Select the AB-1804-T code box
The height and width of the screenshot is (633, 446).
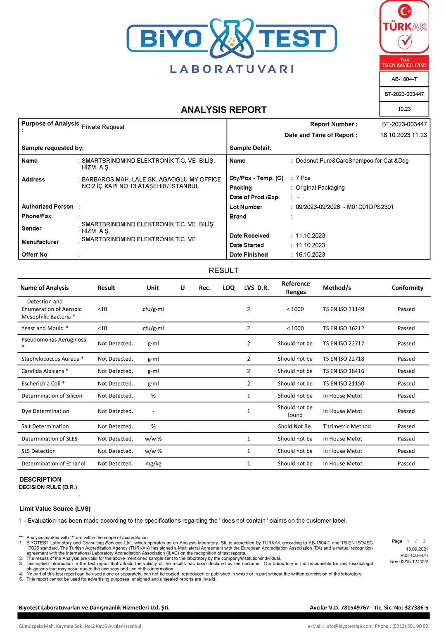(404, 79)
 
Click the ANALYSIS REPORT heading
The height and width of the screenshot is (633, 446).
(224, 110)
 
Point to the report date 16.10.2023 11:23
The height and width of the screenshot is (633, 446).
(403, 135)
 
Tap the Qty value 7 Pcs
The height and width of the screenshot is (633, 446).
(303, 178)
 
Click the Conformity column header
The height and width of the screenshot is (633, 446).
(407, 288)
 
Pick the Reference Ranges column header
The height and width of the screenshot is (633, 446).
(296, 288)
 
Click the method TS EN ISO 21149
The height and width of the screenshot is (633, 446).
(344, 309)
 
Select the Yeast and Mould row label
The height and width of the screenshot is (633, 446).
(45, 328)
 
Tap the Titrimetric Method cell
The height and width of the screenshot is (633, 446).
(347, 426)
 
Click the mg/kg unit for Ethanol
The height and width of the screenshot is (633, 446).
(153, 464)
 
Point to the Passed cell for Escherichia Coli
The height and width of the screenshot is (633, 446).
(406, 383)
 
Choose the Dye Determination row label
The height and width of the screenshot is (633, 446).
(45, 411)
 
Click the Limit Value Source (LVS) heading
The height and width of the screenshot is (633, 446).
(55, 509)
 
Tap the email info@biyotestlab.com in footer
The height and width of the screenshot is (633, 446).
(349, 626)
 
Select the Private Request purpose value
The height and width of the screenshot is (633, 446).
(103, 127)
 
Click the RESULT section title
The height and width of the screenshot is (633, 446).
(223, 271)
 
